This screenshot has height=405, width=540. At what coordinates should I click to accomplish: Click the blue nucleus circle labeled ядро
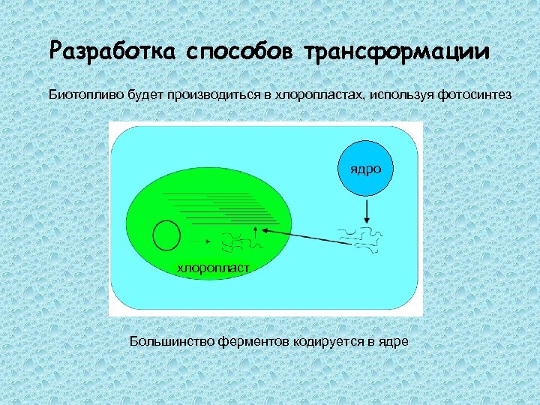pyautogui.click(x=364, y=169)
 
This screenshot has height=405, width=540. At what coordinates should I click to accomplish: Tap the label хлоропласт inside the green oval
pyautogui.click(x=213, y=268)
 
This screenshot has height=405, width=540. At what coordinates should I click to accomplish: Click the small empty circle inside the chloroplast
pyautogui.click(x=166, y=236)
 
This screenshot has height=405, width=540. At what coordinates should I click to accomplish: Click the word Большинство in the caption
pyautogui.click(x=172, y=341)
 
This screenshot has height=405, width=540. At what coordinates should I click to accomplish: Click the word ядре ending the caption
pyautogui.click(x=394, y=342)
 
